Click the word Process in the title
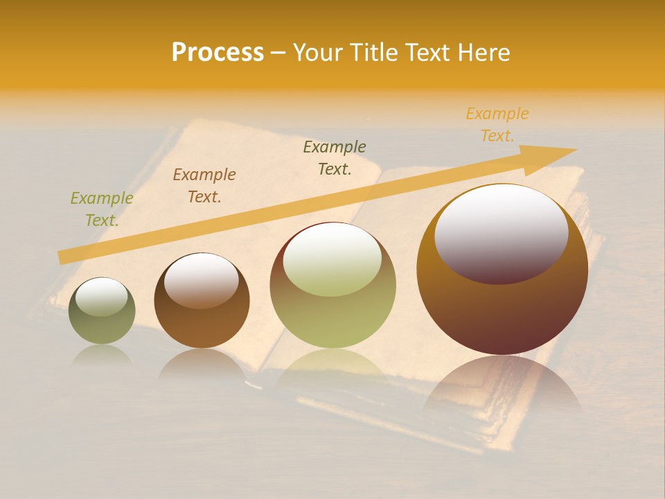click(218, 53)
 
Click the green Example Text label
click(102, 209)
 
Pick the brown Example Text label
click(204, 186)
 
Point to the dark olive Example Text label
click(335, 157)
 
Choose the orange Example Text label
click(497, 125)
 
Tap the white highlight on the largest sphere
click(501, 232)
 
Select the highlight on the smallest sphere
click(102, 297)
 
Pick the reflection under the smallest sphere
click(102, 355)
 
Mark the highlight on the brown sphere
click(202, 280)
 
